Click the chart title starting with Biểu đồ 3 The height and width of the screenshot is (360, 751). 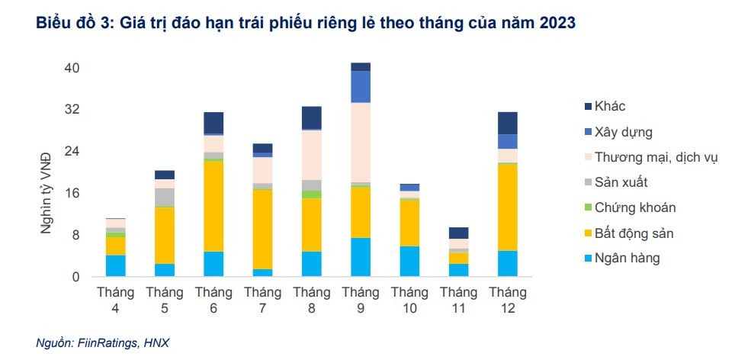point(305,24)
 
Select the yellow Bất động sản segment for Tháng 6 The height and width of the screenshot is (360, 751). point(213,206)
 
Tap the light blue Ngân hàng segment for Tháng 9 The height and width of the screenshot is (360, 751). point(361,257)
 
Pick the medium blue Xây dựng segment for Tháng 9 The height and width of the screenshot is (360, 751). point(361,86)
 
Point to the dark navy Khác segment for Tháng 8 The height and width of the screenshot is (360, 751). point(312,117)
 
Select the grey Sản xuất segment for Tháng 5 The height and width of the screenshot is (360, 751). point(165,197)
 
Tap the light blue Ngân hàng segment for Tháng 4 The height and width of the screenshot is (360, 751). point(115,265)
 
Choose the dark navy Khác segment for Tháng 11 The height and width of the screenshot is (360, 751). point(458,233)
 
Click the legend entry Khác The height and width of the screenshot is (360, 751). point(609,107)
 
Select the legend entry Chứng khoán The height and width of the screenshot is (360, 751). point(634,207)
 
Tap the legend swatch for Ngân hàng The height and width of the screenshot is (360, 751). point(586,258)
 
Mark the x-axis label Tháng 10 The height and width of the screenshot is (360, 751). point(409,300)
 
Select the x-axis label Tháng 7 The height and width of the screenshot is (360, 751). point(262,300)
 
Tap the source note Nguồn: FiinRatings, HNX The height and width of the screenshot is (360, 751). point(103,344)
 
